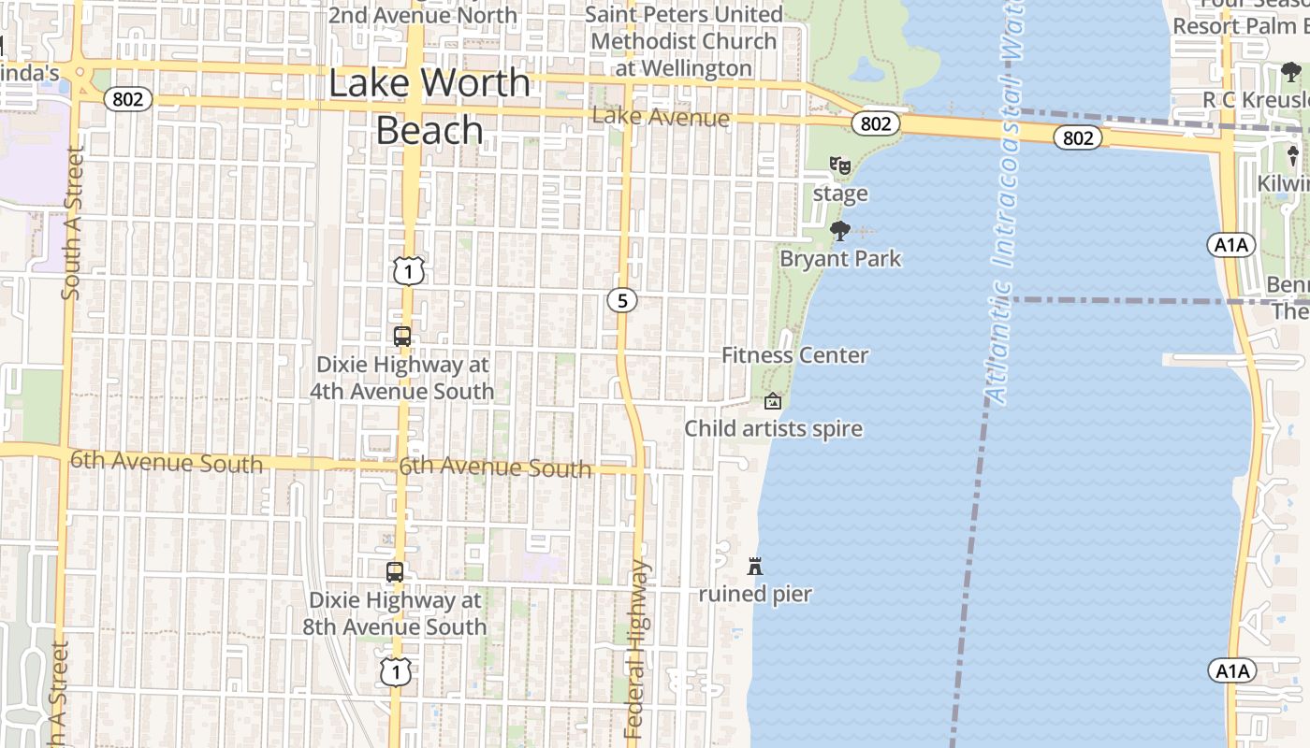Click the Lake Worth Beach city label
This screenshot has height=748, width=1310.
429,107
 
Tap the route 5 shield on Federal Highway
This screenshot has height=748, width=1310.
621,300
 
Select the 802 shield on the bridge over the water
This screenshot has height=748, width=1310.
1078,137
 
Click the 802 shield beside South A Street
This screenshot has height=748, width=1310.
127,98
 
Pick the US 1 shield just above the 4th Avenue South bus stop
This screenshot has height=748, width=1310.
409,271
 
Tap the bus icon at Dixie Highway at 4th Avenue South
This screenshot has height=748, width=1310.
402,337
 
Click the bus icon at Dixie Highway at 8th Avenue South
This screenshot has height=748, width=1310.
395,571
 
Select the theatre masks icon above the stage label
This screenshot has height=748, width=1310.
840,165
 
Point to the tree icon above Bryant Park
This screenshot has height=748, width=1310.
839,230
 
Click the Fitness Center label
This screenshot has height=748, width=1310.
795,355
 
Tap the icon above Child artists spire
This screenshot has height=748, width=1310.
773,401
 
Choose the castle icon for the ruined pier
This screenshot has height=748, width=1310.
755,566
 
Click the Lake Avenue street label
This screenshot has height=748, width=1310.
661,118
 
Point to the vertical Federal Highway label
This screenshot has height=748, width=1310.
635,650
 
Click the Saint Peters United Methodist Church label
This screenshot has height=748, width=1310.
684,41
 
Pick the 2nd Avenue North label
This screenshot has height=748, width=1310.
422,15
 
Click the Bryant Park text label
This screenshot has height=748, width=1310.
840,258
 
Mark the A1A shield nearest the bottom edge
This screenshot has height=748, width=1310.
1231,670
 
